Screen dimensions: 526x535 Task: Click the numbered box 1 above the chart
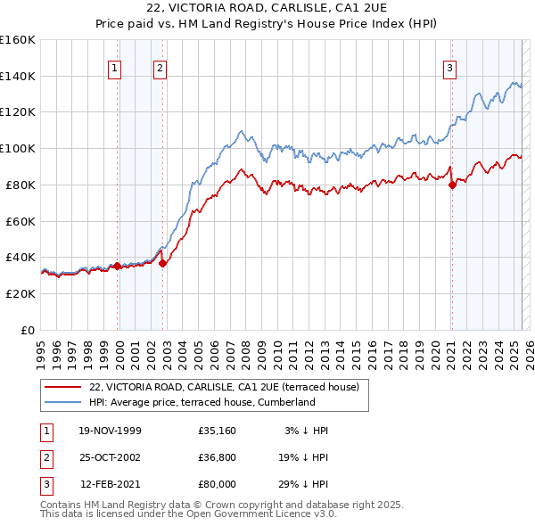click(x=116, y=68)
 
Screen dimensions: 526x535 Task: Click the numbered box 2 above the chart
click(x=159, y=68)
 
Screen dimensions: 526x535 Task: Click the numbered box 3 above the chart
click(x=450, y=68)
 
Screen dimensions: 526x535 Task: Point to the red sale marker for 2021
click(x=452, y=185)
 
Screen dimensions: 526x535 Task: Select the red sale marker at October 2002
click(x=163, y=262)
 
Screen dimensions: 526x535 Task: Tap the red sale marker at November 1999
click(x=118, y=266)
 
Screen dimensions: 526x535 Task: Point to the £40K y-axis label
click(x=21, y=257)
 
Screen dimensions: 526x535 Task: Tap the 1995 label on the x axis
click(x=41, y=346)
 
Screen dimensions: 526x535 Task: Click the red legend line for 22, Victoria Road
click(x=63, y=388)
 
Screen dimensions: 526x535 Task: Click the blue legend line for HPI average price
click(x=63, y=402)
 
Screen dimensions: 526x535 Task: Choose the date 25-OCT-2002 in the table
click(x=110, y=457)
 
